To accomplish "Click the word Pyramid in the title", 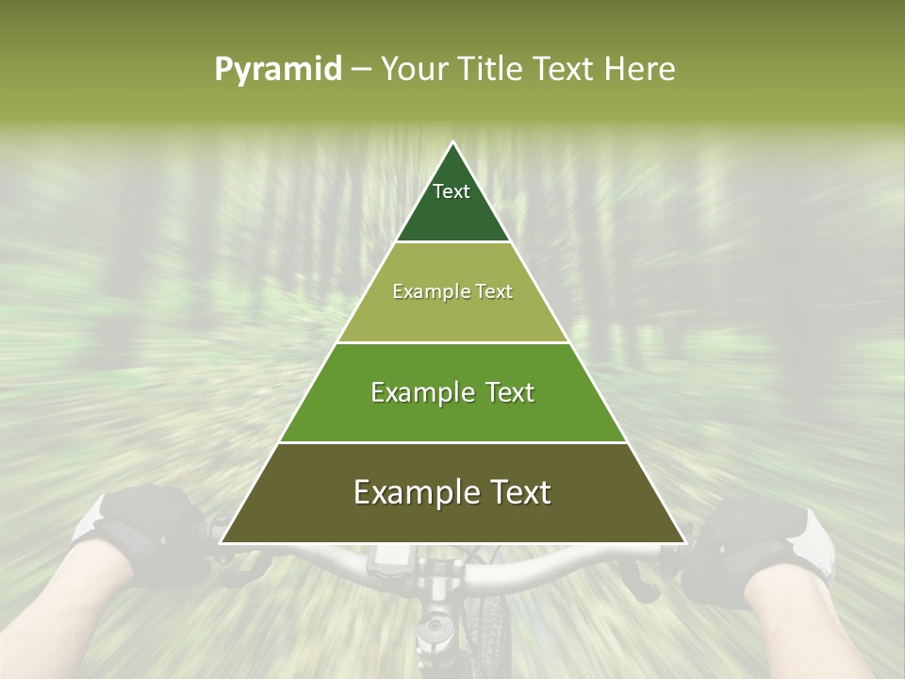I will click(x=277, y=70).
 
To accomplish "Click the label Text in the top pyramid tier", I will click(x=452, y=191).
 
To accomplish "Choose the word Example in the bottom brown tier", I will click(x=412, y=493).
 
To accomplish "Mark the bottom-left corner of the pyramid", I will click(x=221, y=542).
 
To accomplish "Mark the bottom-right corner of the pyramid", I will click(x=685, y=542).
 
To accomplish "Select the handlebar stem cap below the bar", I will click(x=435, y=626).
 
